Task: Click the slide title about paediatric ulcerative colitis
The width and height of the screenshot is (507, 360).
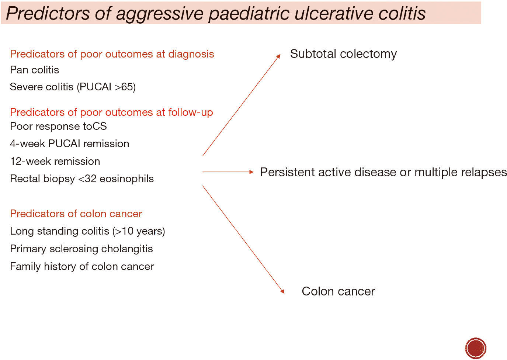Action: [216, 14]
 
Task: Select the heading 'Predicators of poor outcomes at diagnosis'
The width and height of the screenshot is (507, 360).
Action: [112, 54]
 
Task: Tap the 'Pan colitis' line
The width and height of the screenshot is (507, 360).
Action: [34, 70]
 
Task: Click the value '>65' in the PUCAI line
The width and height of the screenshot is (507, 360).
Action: [125, 87]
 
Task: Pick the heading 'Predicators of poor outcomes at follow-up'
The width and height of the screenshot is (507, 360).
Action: [112, 112]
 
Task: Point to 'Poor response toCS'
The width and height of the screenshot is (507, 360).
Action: [58, 127]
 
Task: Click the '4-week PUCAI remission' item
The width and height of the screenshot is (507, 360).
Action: [70, 144]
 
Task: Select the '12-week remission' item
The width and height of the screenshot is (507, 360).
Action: [55, 162]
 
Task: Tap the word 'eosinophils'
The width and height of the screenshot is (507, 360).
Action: [126, 179]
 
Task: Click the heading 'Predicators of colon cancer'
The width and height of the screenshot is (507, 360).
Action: [76, 214]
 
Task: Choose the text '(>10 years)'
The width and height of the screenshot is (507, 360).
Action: [139, 231]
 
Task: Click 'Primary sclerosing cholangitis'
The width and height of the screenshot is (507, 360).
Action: [81, 249]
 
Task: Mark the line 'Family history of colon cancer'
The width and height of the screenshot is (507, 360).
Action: [82, 266]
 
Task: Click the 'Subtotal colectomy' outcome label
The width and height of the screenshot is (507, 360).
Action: [343, 54]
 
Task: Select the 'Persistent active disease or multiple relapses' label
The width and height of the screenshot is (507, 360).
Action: [383, 173]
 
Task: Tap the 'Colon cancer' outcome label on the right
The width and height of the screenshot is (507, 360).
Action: [338, 291]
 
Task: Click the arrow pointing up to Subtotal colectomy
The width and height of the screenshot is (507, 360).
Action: [242, 105]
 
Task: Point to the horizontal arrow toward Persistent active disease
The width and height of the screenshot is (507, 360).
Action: [228, 172]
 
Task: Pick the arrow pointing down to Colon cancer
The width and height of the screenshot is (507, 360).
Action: [243, 239]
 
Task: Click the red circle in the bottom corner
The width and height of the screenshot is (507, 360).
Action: [476, 348]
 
